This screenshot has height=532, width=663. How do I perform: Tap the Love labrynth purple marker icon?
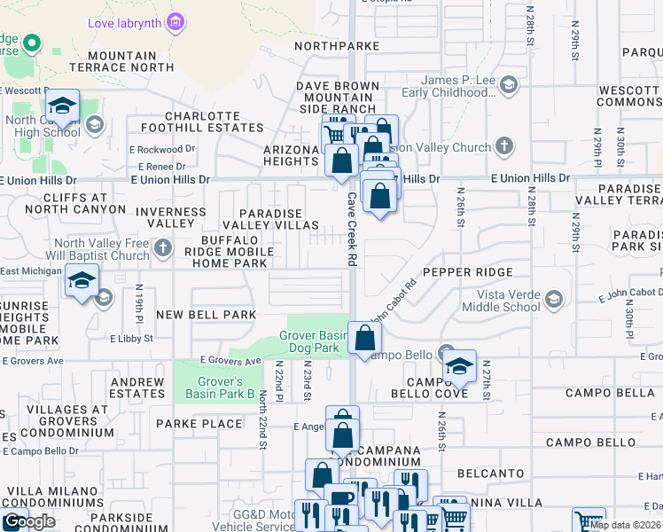(176, 21)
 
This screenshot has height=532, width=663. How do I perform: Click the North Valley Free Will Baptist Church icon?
(162, 250)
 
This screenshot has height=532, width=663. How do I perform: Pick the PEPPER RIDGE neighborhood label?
(467, 272)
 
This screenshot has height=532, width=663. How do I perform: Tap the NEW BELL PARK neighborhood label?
(206, 315)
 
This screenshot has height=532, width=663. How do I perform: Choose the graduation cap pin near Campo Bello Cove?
(459, 365)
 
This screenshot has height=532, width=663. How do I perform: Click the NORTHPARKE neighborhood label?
(337, 45)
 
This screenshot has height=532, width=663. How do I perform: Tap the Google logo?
(29, 521)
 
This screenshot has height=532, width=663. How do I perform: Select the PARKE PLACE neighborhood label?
(199, 424)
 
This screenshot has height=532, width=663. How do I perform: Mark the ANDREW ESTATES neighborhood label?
(136, 387)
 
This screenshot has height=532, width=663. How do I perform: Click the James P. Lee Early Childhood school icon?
(509, 86)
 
